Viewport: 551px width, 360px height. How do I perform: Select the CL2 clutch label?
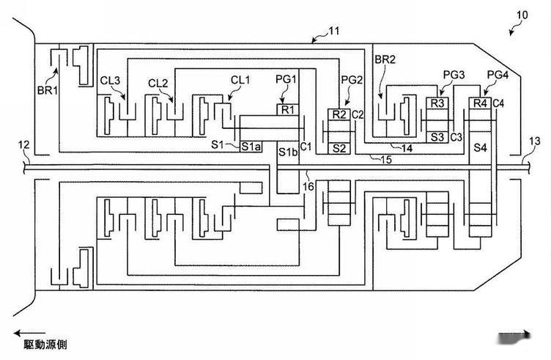pos(158,83)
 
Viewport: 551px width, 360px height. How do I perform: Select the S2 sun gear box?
pos(339,147)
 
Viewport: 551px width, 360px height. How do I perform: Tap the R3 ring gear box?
pos(437,103)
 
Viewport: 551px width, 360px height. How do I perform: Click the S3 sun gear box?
pos(437,136)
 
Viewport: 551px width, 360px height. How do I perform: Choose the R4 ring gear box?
pos(480,103)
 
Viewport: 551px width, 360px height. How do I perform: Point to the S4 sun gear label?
pos(480,149)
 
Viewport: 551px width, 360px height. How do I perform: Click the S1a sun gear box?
pos(251,145)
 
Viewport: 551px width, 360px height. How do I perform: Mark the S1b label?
pos(286,152)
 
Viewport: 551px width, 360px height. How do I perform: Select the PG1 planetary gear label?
pos(286,79)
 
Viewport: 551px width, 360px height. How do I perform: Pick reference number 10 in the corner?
pos(521,14)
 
